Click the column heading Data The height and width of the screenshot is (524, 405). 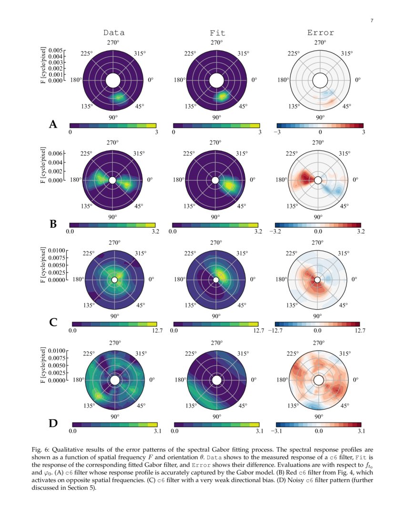(114, 33)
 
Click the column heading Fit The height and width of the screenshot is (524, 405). (217, 33)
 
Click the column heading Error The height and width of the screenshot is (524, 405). (320, 33)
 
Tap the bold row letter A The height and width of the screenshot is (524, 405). (53, 125)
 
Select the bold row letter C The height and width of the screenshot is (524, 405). (53, 322)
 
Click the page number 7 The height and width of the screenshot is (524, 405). (371, 20)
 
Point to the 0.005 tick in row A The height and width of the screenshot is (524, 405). (55, 50)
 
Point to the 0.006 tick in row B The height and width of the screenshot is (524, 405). (55, 154)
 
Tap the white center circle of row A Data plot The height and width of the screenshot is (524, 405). (113, 81)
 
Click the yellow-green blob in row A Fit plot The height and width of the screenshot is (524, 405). (222, 96)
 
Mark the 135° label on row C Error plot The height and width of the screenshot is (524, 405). (292, 305)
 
